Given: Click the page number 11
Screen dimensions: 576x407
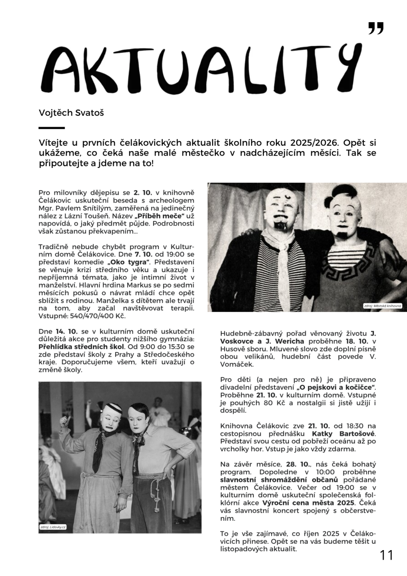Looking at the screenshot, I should (x=386, y=555).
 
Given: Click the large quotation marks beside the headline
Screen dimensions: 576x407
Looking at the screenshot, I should (x=376, y=28).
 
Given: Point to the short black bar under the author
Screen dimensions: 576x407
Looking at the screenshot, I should (x=51, y=128).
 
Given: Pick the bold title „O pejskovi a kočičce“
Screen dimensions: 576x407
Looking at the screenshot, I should (x=336, y=387).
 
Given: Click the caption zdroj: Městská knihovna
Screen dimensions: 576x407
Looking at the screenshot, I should (x=382, y=306).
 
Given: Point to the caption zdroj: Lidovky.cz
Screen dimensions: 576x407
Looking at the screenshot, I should (x=53, y=527).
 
